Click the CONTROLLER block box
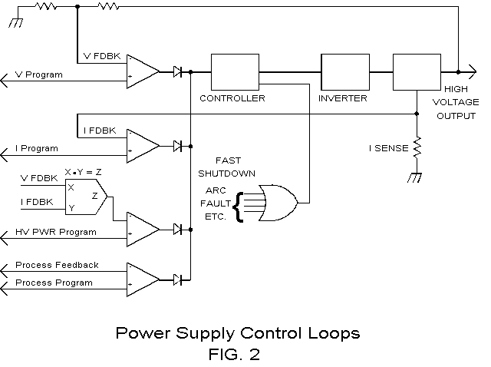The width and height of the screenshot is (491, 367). click(x=233, y=73)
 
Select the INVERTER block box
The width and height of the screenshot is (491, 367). click(x=344, y=73)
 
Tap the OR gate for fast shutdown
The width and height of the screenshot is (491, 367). click(x=278, y=203)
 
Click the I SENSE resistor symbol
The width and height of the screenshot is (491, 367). click(x=417, y=145)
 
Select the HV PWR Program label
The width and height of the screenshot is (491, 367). click(x=56, y=231)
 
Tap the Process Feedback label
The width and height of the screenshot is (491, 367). click(x=57, y=265)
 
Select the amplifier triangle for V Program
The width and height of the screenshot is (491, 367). click(x=143, y=72)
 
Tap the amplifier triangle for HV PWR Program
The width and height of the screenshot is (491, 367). click(x=143, y=228)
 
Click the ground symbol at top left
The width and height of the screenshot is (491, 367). click(x=14, y=22)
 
